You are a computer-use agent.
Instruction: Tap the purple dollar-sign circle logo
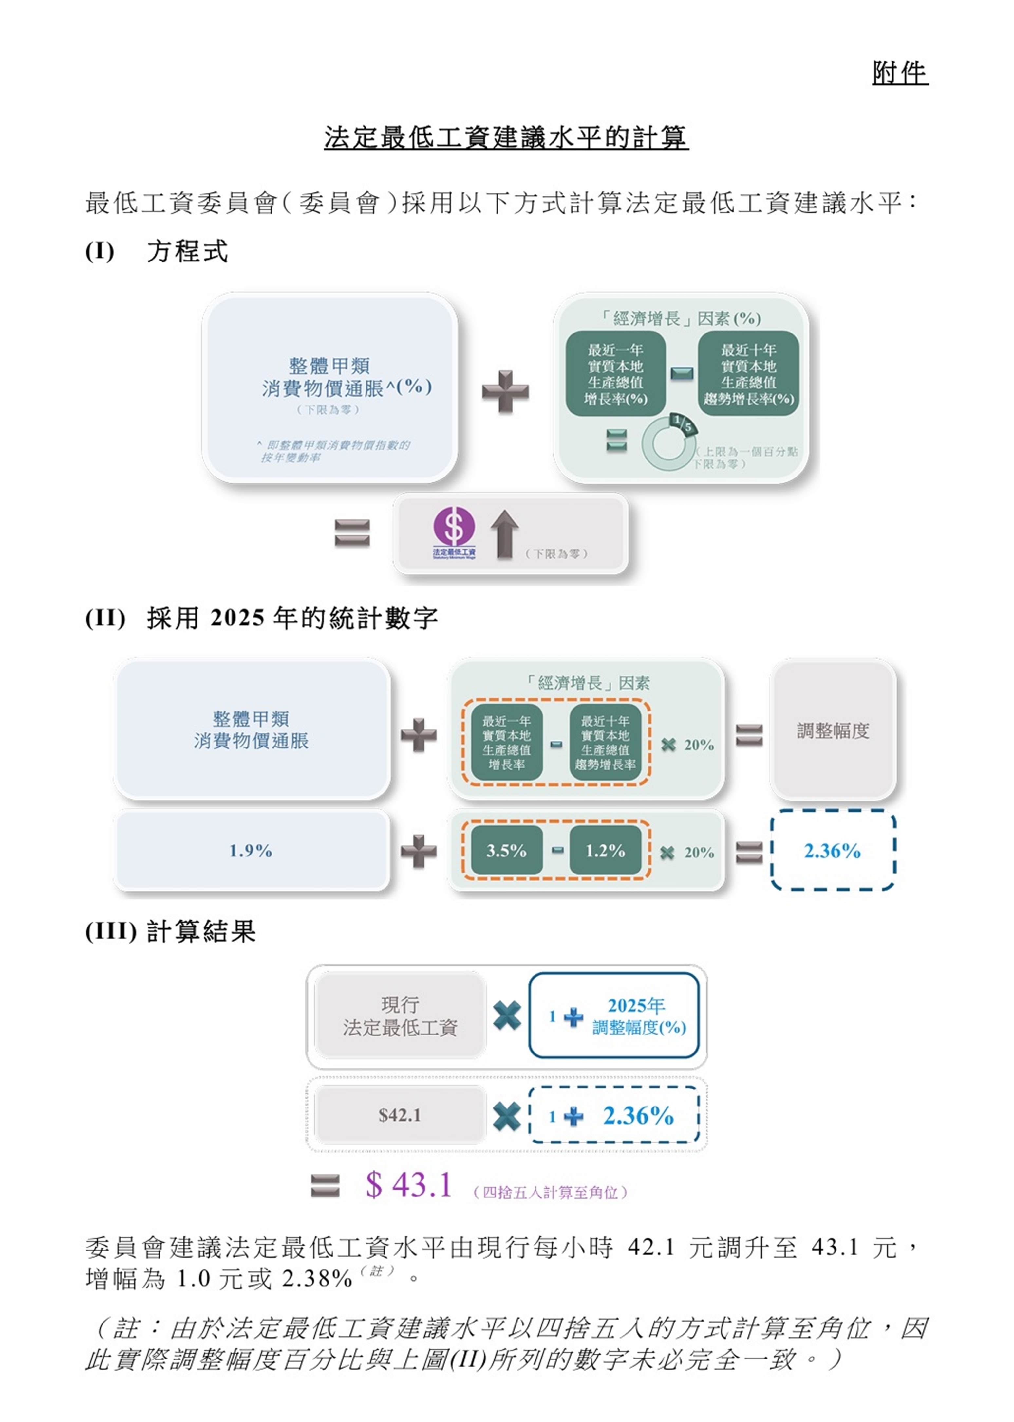[454, 526]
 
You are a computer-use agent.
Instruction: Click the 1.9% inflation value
[250, 851]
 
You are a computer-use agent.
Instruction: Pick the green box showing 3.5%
[506, 851]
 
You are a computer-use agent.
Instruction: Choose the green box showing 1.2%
[605, 851]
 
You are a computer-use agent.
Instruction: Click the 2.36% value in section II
[832, 851]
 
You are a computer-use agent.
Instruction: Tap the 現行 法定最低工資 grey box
[400, 1016]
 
